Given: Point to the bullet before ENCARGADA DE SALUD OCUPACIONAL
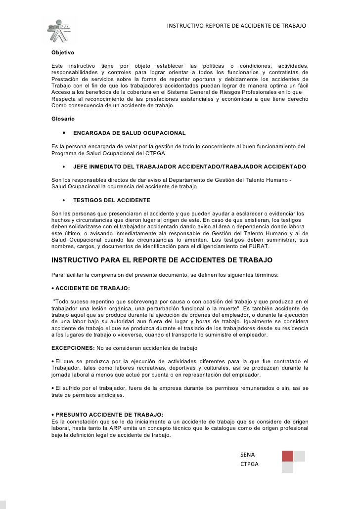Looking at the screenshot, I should coord(64,133).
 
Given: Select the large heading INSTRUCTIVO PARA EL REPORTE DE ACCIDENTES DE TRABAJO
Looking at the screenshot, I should coord(162,260).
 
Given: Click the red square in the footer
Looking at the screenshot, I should coord(287,456).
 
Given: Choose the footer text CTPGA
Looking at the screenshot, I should coord(249,465).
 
